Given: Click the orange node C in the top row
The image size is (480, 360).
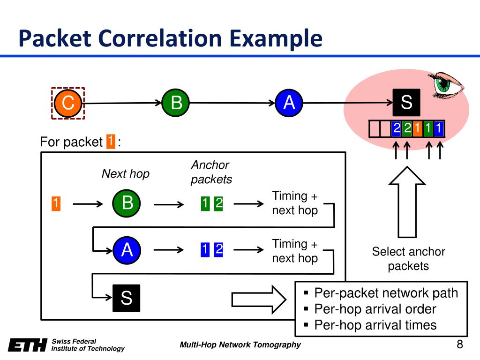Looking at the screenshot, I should tap(68, 103).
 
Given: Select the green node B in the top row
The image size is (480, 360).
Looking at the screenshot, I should tap(176, 103).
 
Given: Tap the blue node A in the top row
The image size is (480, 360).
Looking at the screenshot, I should tap(289, 103).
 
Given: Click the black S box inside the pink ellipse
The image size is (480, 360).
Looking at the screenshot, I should tap(406, 102).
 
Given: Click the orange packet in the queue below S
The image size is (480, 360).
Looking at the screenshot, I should tap(417, 128).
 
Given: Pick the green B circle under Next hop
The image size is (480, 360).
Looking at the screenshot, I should tap(127, 203).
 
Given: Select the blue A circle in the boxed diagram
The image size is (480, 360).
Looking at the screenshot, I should tap(127, 251).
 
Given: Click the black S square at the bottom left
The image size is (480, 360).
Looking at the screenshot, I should tap(126, 298).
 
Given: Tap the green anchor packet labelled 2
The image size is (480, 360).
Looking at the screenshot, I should tap(218, 204).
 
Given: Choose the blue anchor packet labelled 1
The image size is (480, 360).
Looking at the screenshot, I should tap(204, 251).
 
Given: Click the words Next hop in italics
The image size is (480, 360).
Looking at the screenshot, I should tap(125, 174).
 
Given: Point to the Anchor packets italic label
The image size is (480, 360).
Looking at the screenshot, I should tap(211, 172).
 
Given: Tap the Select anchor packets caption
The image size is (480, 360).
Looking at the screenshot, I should tap(408, 259).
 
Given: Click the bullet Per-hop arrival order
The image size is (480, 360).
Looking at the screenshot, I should tap(375, 309).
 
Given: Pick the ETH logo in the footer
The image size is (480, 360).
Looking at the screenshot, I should tap(28, 345).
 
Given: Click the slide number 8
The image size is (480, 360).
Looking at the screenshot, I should tap(459, 345).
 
